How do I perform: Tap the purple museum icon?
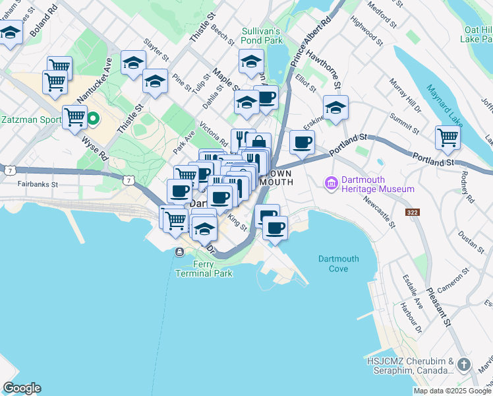click(330, 182)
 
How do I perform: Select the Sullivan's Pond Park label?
click(262, 36)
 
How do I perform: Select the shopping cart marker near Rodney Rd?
click(448, 137)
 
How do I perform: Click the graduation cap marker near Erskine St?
click(335, 107)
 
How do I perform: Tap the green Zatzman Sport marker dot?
click(93, 119)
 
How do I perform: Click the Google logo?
click(22, 388)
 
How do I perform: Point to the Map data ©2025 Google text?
click(452, 391)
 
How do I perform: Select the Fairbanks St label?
click(38, 184)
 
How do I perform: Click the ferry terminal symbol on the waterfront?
click(179, 251)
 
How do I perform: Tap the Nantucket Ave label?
click(92, 79)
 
